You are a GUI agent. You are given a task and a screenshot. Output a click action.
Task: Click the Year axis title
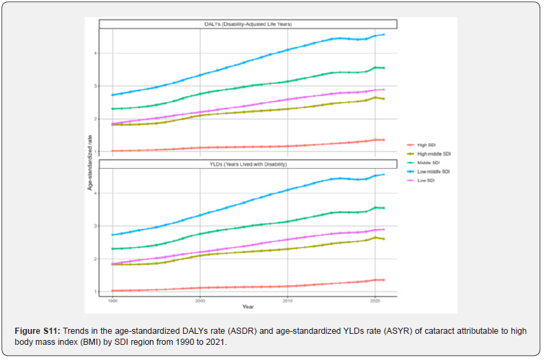pyautogui.click(x=248, y=307)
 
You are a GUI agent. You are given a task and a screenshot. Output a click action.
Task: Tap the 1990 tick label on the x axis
pyautogui.click(x=112, y=301)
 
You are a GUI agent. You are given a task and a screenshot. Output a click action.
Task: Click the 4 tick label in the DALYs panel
pyautogui.click(x=97, y=53)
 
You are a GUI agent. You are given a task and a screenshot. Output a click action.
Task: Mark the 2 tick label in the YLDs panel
pyautogui.click(x=97, y=259)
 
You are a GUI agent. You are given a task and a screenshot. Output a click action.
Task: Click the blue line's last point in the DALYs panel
pyautogui.click(x=384, y=34)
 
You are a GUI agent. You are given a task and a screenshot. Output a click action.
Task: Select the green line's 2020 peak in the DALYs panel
pyautogui.click(x=375, y=67)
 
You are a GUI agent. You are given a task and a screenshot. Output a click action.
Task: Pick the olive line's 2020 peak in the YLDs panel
pyautogui.click(x=375, y=237)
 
